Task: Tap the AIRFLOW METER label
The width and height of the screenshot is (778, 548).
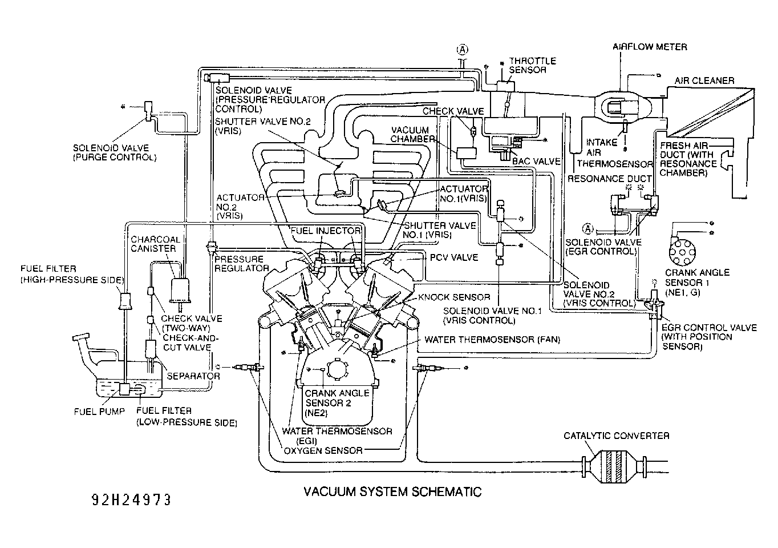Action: click(x=650, y=47)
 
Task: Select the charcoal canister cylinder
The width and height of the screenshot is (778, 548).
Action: click(x=180, y=291)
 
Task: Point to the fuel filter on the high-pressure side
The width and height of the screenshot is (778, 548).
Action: click(x=125, y=301)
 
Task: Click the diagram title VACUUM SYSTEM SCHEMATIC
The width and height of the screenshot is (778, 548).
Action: click(x=392, y=491)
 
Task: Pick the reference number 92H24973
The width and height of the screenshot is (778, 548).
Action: click(x=132, y=500)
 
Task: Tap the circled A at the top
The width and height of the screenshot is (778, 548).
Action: click(x=462, y=50)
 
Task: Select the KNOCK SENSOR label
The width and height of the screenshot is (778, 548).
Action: click(x=453, y=297)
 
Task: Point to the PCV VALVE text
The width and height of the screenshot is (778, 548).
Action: click(x=453, y=257)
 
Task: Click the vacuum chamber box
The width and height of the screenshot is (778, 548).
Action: click(x=466, y=153)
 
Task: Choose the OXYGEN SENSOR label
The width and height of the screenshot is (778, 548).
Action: click(x=323, y=451)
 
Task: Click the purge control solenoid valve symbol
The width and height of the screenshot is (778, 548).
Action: click(x=148, y=111)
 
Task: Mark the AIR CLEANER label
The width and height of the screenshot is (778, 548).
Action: click(x=704, y=80)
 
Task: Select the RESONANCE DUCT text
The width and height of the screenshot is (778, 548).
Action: click(x=610, y=179)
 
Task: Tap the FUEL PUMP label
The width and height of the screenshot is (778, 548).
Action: click(x=99, y=412)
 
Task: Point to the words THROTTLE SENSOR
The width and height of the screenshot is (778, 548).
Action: click(x=532, y=65)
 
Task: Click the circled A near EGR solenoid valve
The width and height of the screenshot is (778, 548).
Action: click(x=587, y=229)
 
